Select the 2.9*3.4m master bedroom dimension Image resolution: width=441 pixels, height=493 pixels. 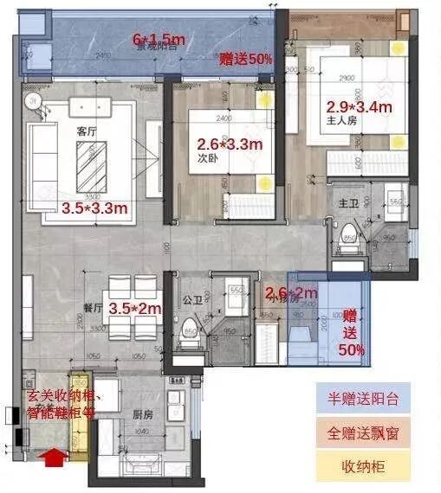pyautogui.click(x=360, y=107)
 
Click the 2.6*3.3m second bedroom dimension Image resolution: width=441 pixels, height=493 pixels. pyautogui.click(x=230, y=144)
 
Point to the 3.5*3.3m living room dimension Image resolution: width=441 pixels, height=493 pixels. pyautogui.click(x=94, y=208)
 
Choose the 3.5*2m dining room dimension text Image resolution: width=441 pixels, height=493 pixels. pyautogui.click(x=140, y=305)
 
